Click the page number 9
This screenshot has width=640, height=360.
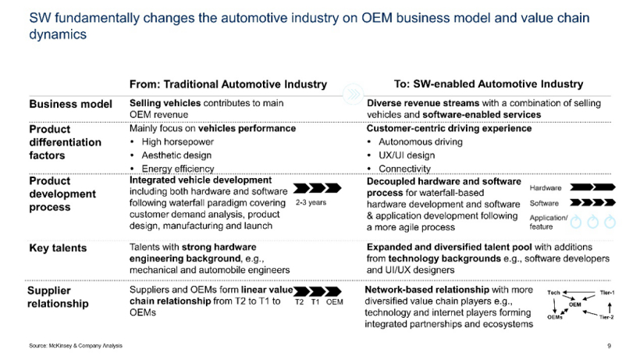tap(609, 345)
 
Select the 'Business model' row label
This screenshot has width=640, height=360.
tap(66, 104)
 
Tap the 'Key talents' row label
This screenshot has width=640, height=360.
tap(58, 248)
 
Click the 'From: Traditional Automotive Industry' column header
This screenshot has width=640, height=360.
tap(228, 84)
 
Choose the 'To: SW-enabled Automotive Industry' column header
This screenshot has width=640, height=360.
tap(489, 84)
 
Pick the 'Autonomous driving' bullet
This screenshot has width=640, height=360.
tap(420, 142)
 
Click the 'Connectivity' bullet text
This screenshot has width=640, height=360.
tap(404, 169)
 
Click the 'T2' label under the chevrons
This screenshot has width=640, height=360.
tap(300, 302)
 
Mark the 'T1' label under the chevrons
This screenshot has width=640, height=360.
tap(315, 302)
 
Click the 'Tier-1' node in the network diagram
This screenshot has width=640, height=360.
tap(607, 291)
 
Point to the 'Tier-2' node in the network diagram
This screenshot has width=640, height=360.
tap(607, 318)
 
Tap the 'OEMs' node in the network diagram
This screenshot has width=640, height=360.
tap(555, 318)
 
